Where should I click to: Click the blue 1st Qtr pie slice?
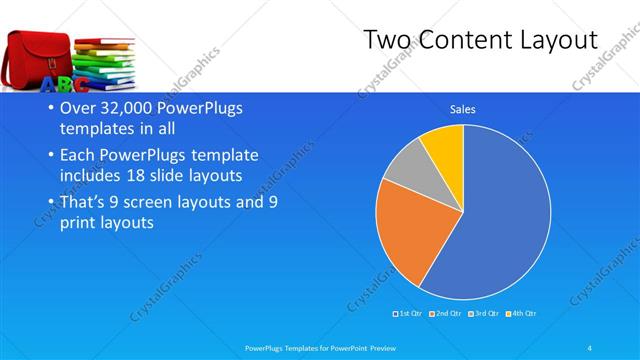coord(500,220)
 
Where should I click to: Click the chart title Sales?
coord(462,109)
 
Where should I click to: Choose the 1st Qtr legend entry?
coord(411,315)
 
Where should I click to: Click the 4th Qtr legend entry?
coord(522,315)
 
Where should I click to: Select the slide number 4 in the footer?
coord(590,347)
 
